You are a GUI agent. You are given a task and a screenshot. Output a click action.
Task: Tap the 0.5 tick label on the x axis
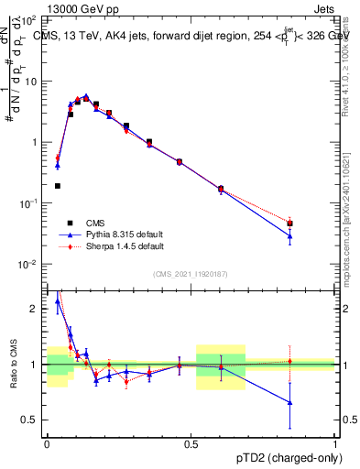tap(191, 442)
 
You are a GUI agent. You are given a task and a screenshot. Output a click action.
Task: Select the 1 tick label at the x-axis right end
tap(334, 442)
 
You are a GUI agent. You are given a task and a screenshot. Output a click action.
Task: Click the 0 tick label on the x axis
tap(47, 442)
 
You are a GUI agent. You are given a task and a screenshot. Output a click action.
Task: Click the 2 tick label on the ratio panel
tap(38, 309)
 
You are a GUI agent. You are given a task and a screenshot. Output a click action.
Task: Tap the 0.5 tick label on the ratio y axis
tap(33, 420)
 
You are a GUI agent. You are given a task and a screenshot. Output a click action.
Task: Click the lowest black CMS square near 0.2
tap(58, 186)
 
